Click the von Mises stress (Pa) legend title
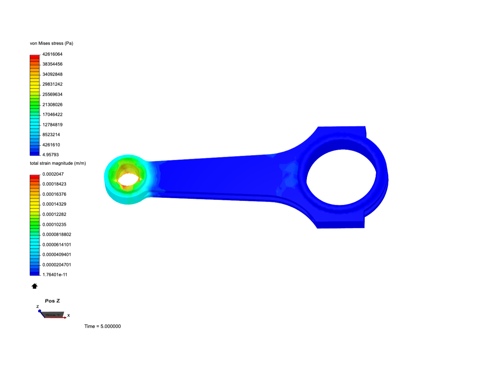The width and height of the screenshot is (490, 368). [51, 43]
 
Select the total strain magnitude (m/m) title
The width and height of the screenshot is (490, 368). [58, 163]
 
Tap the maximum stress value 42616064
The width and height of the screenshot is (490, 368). [52, 54]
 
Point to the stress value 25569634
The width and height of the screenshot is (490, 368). [52, 94]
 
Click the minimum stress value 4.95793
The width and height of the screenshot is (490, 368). [50, 155]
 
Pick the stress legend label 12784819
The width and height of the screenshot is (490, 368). [52, 125]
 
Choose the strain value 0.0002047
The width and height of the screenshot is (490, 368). [53, 174]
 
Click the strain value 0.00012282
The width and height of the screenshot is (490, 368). [54, 214]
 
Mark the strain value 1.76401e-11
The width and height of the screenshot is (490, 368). [55, 275]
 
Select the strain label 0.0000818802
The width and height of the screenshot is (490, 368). [57, 234]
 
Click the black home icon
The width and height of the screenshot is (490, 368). [34, 286]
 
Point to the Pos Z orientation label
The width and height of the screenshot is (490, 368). [52, 301]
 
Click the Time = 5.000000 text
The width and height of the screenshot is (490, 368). [102, 326]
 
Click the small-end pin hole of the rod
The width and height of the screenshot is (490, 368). [128, 179]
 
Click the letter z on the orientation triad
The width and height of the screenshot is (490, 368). [38, 307]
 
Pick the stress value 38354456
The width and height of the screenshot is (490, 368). [52, 64]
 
